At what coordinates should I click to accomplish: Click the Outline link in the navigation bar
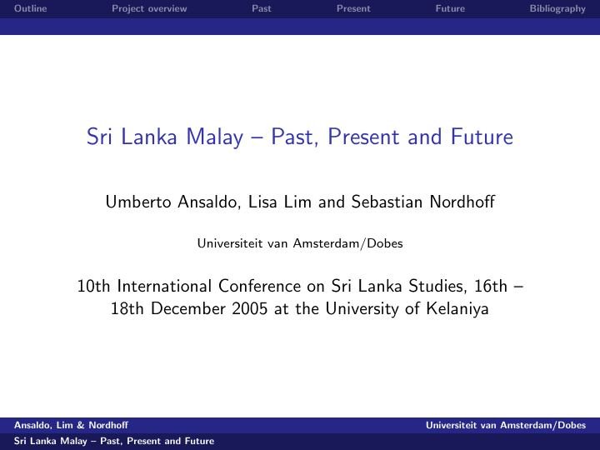click(31, 8)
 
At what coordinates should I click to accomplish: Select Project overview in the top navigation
click(149, 9)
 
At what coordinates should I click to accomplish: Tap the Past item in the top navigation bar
click(262, 8)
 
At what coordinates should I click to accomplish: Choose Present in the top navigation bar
click(353, 8)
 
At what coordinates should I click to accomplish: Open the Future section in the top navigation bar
click(450, 8)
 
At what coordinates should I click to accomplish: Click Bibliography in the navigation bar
click(557, 9)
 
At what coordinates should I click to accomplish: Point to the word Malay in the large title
click(215, 137)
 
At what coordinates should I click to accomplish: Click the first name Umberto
click(138, 202)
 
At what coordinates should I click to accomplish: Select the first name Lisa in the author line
click(262, 202)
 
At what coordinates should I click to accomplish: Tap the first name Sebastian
click(387, 202)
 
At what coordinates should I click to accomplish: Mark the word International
click(164, 286)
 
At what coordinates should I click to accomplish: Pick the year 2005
click(249, 308)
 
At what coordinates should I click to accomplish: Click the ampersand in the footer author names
click(81, 425)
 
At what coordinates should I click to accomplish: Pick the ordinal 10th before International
click(93, 286)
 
